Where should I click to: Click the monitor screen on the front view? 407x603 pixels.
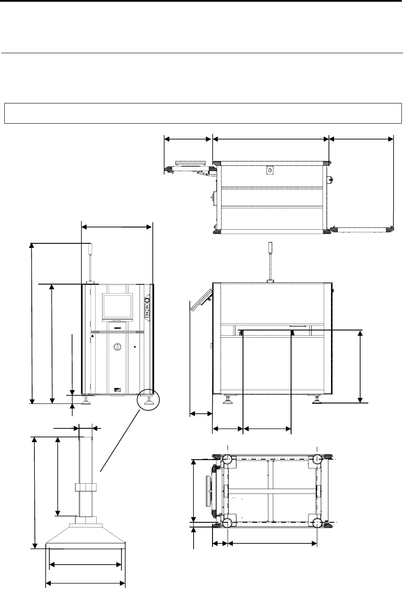pyautogui.click(x=117, y=306)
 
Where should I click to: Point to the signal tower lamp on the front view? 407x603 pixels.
pyautogui.click(x=91, y=249)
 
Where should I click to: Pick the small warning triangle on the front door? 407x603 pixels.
pyautogui.click(x=92, y=337)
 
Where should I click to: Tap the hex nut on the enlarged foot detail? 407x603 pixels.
pyautogui.click(x=85, y=488)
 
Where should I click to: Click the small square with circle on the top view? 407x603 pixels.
pyautogui.click(x=270, y=170)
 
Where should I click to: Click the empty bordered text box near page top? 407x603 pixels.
pyautogui.click(x=202, y=113)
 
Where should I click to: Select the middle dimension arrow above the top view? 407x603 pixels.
pyautogui.click(x=270, y=139)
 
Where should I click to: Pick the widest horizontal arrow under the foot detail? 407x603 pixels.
pyautogui.click(x=85, y=583)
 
